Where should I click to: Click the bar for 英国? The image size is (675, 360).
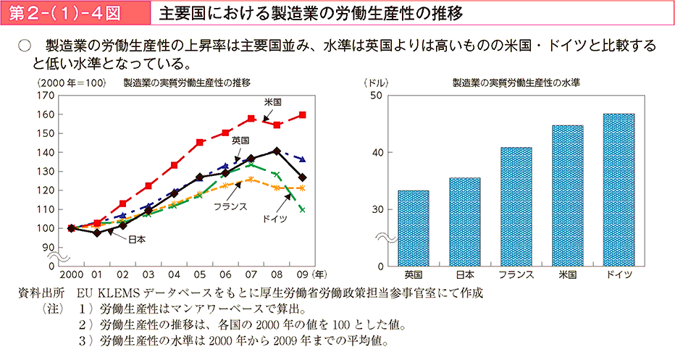pyautogui.click(x=413, y=228)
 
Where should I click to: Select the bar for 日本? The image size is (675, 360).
pyautogui.click(x=464, y=222)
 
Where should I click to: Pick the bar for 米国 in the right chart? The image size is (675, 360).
pyautogui.click(x=567, y=196)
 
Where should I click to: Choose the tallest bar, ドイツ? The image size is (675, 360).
pyautogui.click(x=619, y=190)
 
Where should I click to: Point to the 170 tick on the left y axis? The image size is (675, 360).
pyautogui.click(x=45, y=95)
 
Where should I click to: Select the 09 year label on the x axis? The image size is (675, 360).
pyautogui.click(x=301, y=275)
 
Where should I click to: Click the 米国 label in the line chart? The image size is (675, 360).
pyautogui.click(x=272, y=101)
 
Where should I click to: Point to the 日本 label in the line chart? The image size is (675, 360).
pyautogui.click(x=137, y=239)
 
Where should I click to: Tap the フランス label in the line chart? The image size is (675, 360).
pyautogui.click(x=230, y=206)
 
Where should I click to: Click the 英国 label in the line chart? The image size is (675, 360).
pyautogui.click(x=240, y=140)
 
